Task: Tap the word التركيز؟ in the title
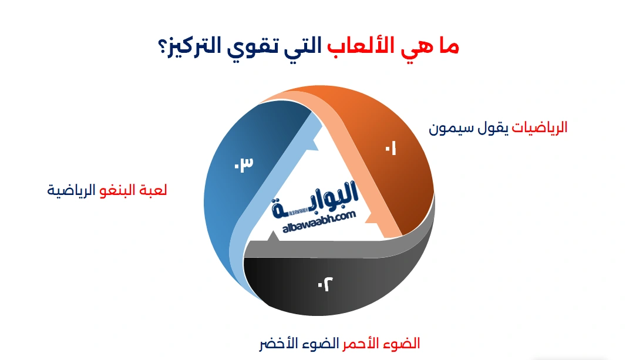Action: point(190,47)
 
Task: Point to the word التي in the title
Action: point(302,47)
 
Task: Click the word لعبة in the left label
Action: point(154,191)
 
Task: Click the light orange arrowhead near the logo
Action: point(371,218)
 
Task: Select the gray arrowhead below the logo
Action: point(272,238)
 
